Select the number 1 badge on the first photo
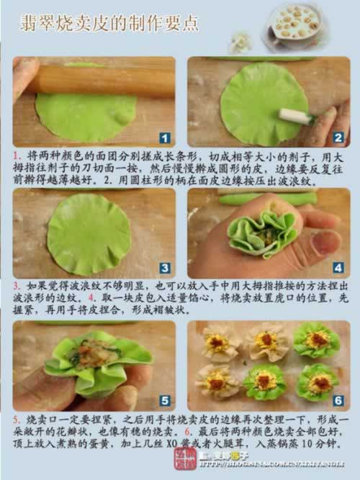coord(165,137)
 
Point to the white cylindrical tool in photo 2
coord(297,115)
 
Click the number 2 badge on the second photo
coord(338,137)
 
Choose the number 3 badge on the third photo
coord(164,268)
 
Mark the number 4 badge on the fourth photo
coord(338,268)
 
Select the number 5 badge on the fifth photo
coord(165,400)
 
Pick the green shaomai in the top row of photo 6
coord(316,340)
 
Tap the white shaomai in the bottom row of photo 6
coord(216,381)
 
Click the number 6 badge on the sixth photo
coord(338,400)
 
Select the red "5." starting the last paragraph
coord(17,417)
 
